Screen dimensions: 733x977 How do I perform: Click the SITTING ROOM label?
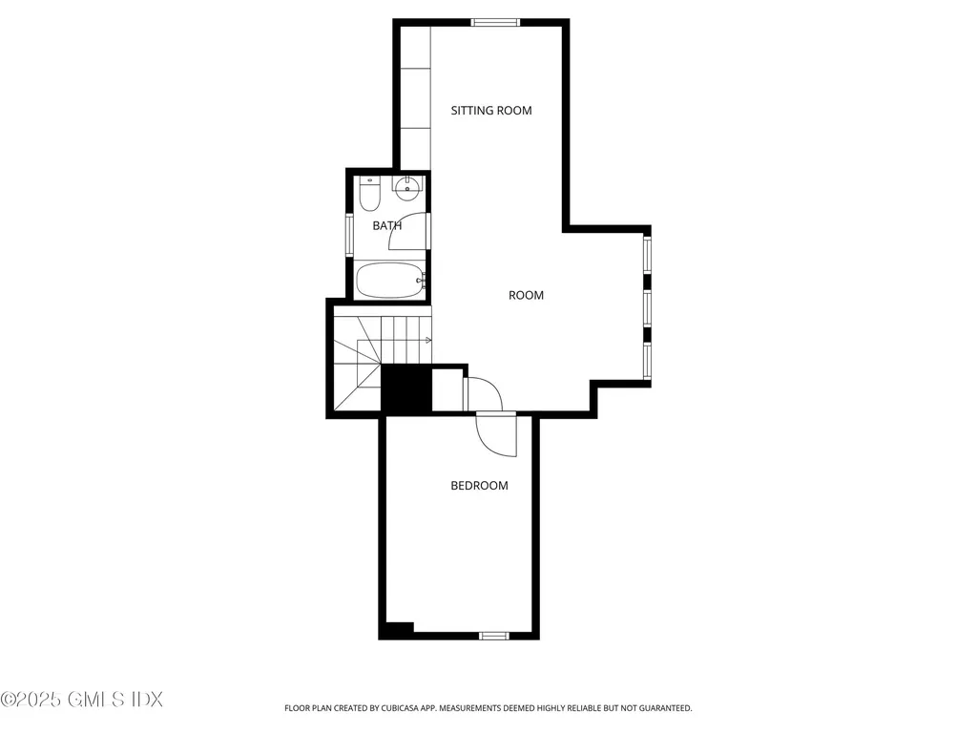point(490,111)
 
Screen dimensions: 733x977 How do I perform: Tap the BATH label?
point(386,226)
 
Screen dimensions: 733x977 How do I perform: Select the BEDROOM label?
point(479,486)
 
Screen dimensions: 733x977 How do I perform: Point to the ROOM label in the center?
point(526,296)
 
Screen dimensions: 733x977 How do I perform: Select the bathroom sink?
point(407,186)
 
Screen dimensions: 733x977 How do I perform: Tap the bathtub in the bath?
point(389,282)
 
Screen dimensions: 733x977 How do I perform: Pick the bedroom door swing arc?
point(495,435)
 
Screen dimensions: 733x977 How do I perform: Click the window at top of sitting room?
point(496,23)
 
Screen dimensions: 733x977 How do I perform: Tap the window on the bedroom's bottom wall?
point(493,635)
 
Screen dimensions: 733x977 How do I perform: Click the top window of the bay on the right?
point(647,255)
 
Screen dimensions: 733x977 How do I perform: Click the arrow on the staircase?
point(427,340)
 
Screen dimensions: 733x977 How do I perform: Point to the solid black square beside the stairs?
point(405,388)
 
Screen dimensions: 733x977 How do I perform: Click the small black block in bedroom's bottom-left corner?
point(396,630)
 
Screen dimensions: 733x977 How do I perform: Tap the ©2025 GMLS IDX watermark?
point(82,700)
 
